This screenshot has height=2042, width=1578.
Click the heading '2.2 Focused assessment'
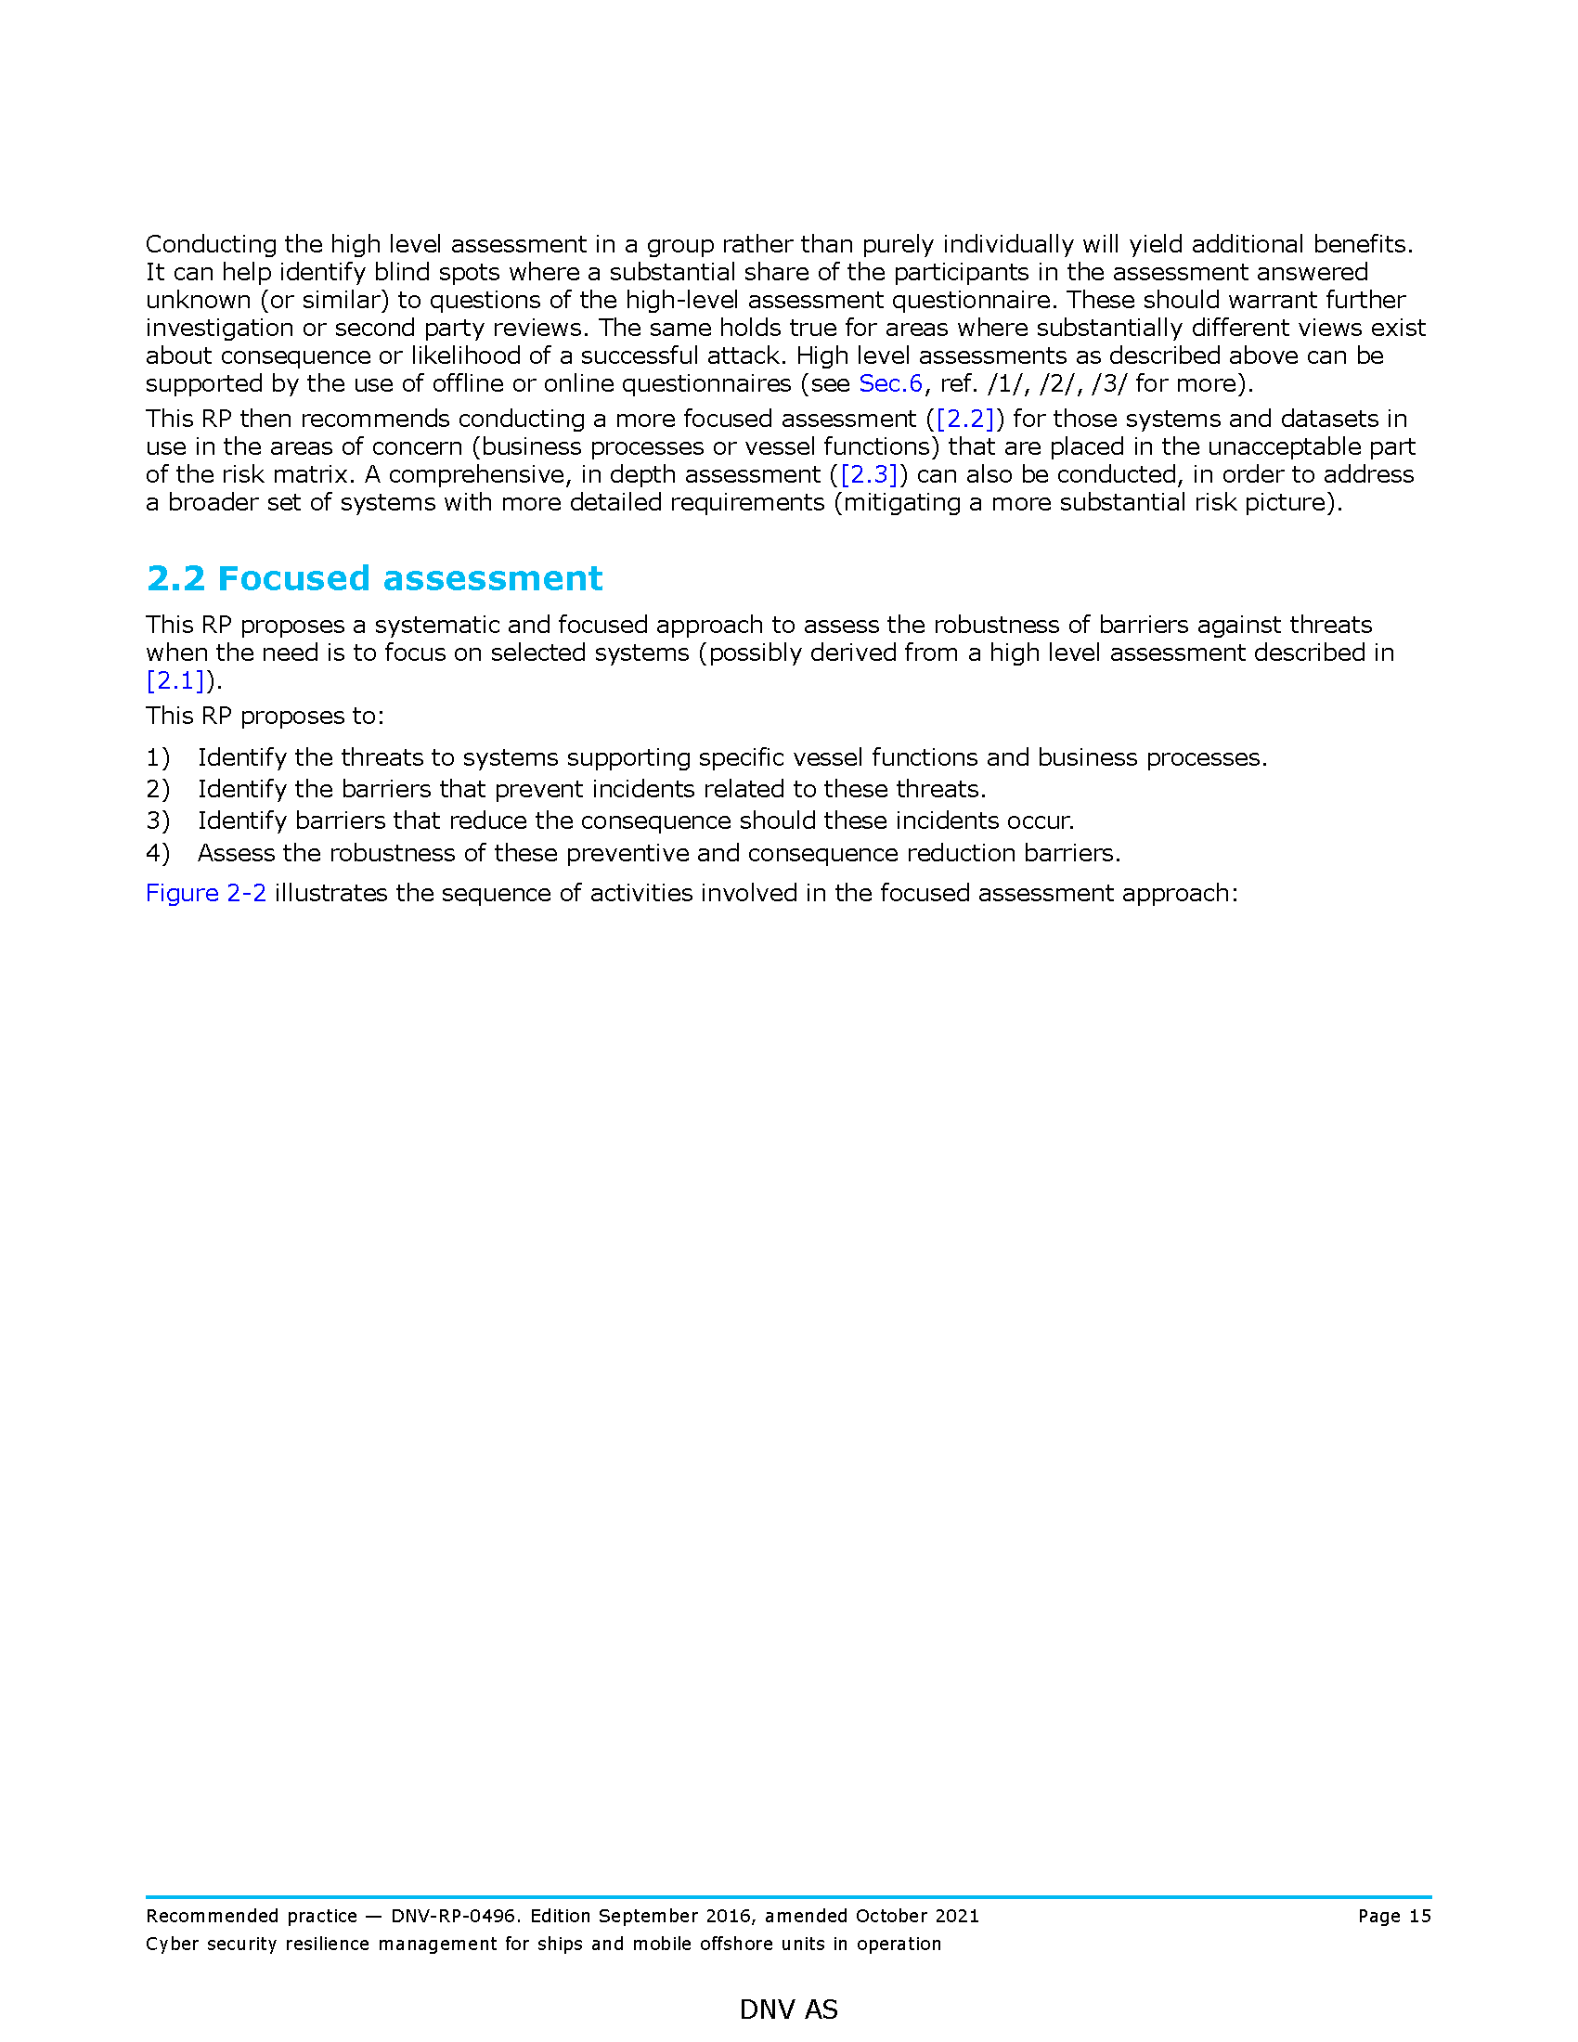[x=374, y=579]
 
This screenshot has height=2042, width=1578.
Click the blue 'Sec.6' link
[x=890, y=383]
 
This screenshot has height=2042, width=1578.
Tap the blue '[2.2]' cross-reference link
[x=964, y=419]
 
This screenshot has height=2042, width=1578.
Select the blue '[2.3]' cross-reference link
[x=869, y=475]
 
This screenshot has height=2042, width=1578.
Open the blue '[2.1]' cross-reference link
[x=175, y=680]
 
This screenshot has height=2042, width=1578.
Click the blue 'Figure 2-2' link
[x=206, y=893]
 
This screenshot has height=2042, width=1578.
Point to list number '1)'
[x=158, y=757]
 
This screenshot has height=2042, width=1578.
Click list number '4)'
[x=158, y=853]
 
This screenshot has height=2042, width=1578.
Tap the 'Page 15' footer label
[x=1394, y=1916]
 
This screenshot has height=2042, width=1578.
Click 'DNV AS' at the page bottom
[x=788, y=2010]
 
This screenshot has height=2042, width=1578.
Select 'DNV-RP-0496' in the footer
[x=452, y=1916]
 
